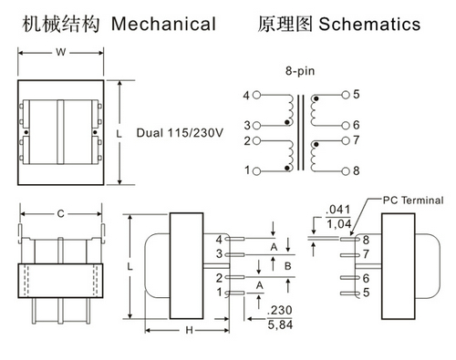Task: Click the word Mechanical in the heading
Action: tap(163, 24)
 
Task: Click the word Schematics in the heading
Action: tap(369, 24)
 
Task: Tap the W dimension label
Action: tap(61, 52)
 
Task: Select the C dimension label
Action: tap(61, 214)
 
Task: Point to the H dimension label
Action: tap(189, 330)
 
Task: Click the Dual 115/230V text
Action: tap(180, 133)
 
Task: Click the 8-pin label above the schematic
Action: tap(300, 71)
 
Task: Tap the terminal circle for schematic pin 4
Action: tap(257, 95)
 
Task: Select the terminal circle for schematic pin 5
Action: tap(346, 95)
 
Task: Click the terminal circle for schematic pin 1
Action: tap(257, 171)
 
